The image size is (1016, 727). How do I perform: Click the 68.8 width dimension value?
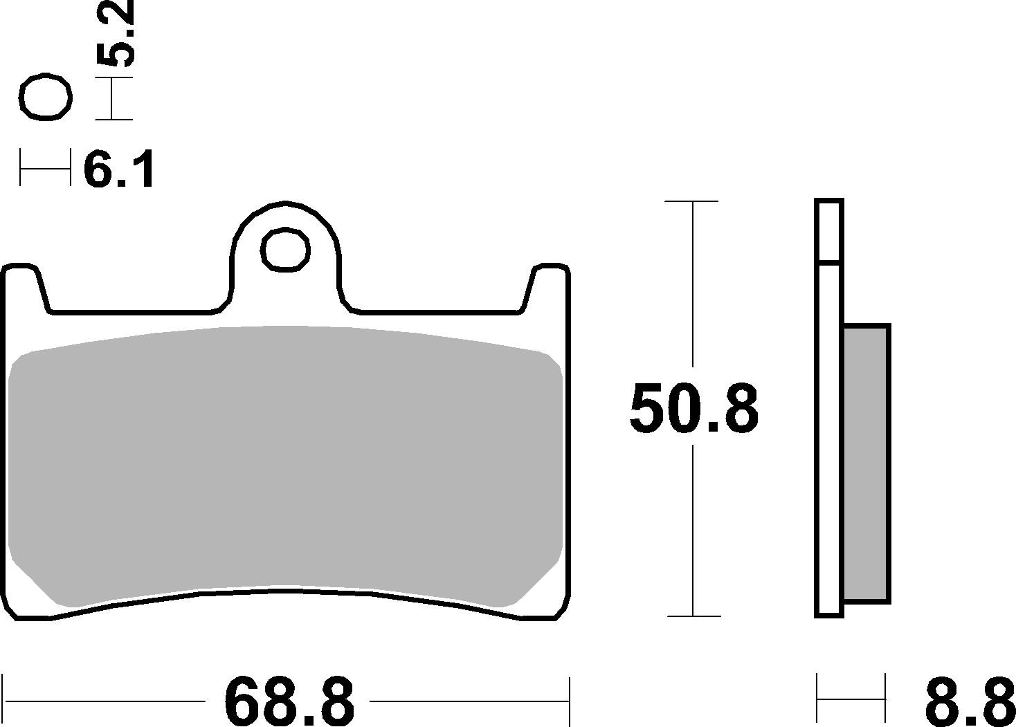289,700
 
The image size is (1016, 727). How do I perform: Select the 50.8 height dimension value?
693,409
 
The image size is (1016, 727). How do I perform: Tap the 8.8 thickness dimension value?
969,700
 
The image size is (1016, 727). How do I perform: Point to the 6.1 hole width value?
118,169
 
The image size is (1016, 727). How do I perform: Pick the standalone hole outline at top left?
46,98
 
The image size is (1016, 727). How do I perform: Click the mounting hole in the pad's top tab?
285,249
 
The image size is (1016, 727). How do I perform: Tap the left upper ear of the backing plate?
24,284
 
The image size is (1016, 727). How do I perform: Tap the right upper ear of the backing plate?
550,284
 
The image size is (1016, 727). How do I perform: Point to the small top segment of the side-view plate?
828,231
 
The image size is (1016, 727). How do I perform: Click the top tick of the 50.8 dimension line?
692,201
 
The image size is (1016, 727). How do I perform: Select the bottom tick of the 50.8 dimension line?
692,616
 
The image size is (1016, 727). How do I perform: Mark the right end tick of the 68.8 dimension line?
569,700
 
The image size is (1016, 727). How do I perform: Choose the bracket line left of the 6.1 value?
45,167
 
